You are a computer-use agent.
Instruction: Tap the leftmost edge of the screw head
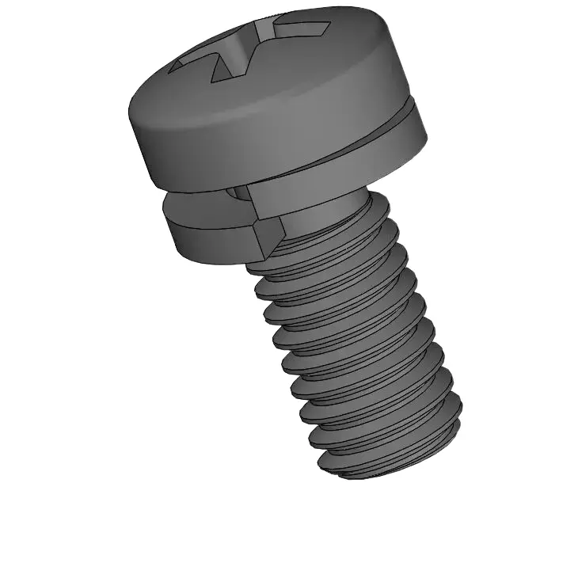click(130, 119)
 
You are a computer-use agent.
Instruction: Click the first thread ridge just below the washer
click(333, 245)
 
